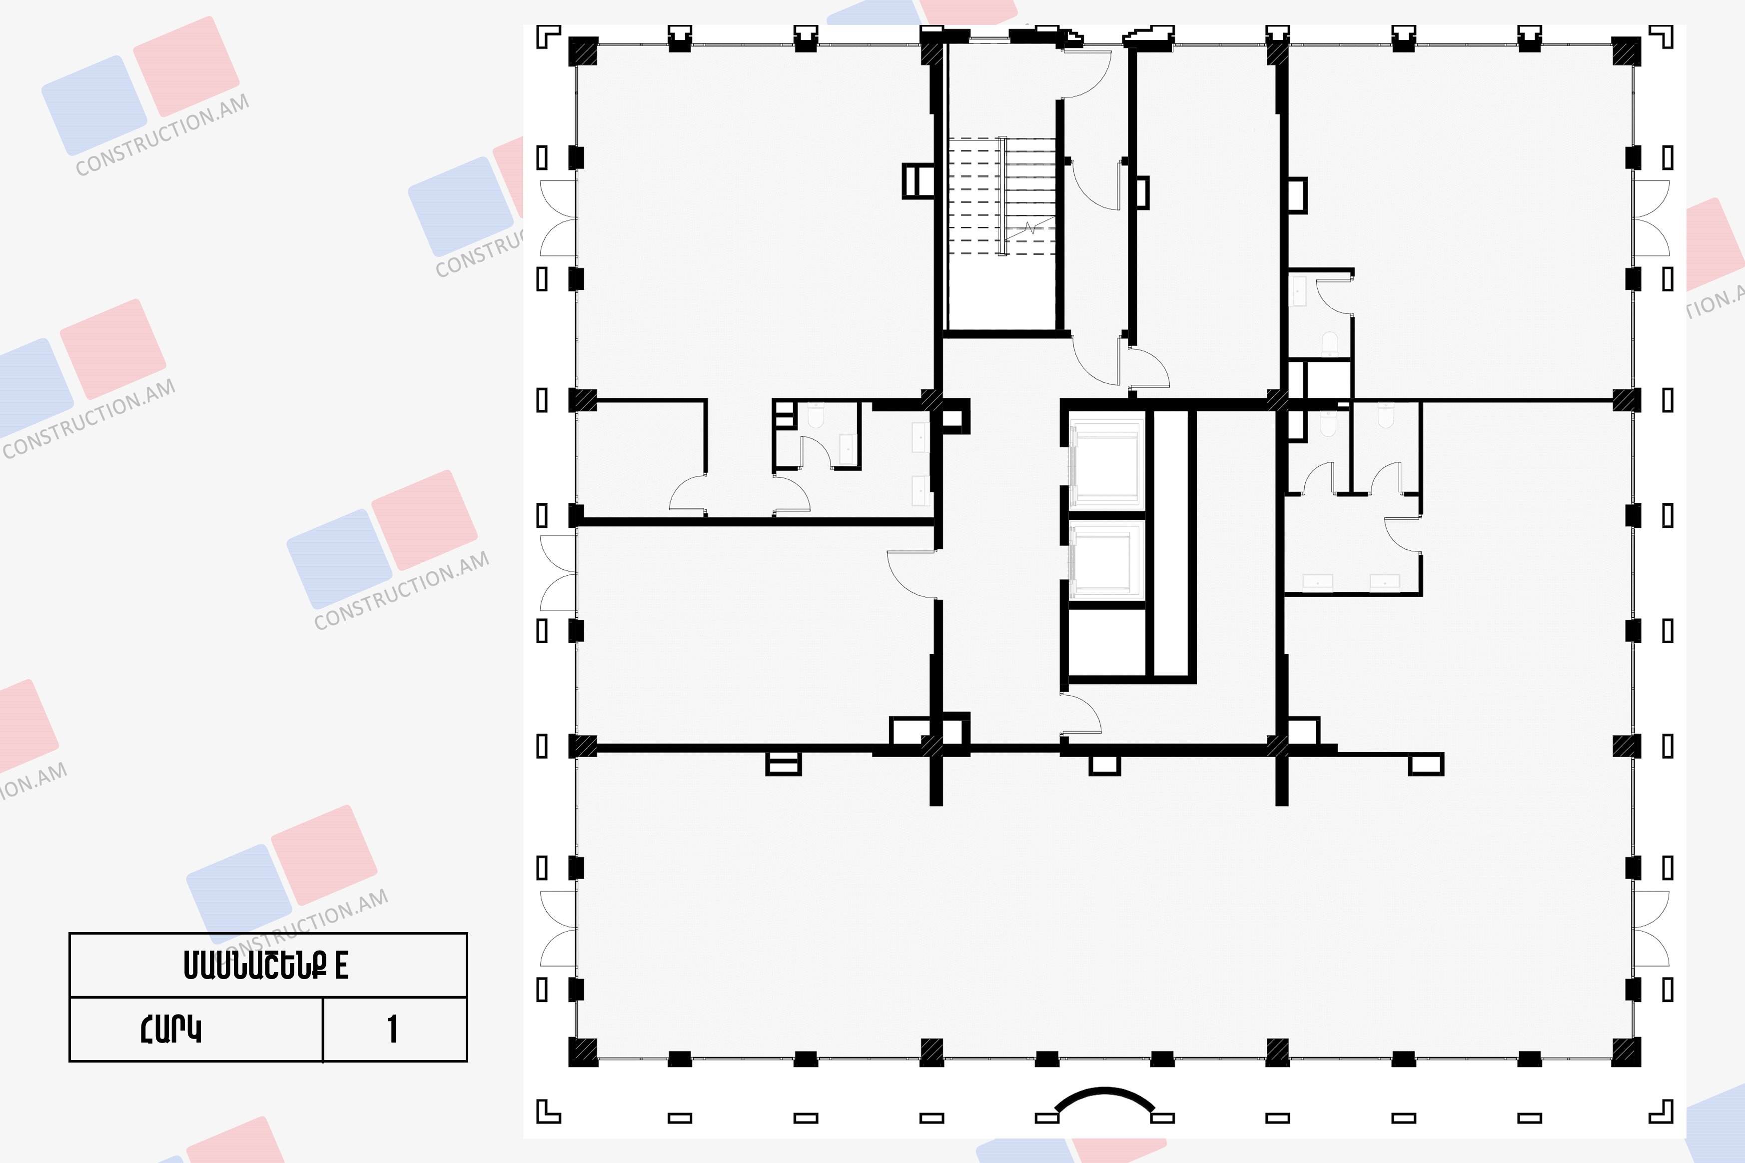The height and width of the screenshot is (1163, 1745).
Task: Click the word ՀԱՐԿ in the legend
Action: [170, 1029]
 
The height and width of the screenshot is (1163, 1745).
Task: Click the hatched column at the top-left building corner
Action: [582, 51]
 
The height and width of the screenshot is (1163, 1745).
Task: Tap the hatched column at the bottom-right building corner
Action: [1627, 1052]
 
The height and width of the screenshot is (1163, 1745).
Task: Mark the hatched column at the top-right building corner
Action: [1627, 51]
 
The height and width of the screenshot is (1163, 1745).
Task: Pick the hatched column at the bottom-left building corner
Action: [582, 1052]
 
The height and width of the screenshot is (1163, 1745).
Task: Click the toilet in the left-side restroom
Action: [816, 415]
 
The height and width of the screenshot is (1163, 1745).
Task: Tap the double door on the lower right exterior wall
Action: [1650, 929]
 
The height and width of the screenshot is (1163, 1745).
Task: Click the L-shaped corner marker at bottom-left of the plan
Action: [548, 1111]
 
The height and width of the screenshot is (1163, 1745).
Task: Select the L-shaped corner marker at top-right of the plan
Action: [1661, 36]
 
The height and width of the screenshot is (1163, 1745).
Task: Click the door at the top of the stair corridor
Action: [1087, 73]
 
